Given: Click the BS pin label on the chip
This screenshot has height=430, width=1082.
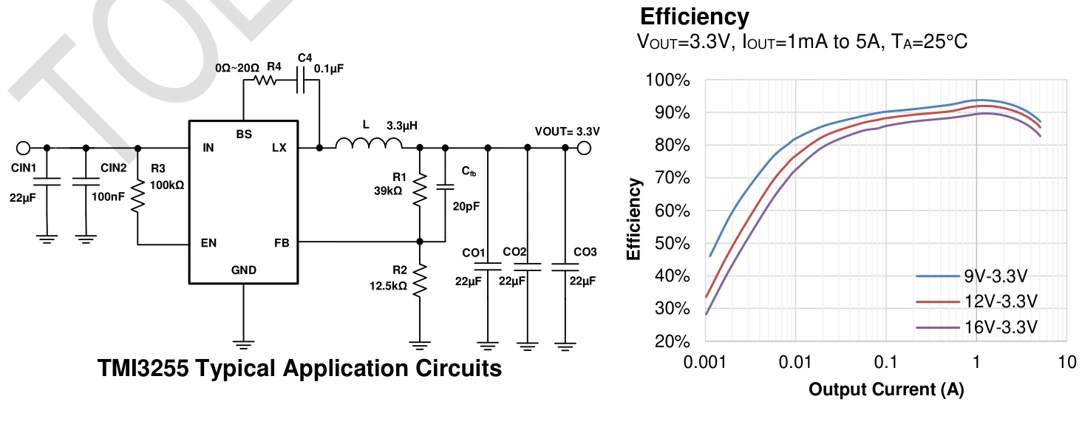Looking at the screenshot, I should click(244, 134).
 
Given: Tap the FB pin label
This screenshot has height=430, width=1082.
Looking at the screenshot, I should click(281, 242).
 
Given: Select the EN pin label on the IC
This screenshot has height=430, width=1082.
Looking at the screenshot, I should click(208, 242).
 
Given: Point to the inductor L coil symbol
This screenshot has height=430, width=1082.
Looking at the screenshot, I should click(364, 144).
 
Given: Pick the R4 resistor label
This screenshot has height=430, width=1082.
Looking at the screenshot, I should click(274, 66).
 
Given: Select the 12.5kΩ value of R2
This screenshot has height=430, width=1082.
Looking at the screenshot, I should click(388, 285).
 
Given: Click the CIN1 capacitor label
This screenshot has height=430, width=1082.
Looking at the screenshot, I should click(24, 168).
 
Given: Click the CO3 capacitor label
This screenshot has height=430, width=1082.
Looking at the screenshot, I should click(585, 253).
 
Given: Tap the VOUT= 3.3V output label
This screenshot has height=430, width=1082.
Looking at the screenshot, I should click(567, 131).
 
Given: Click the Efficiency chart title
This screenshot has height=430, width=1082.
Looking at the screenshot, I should click(694, 16).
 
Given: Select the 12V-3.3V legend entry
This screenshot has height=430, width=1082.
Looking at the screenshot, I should click(1001, 301).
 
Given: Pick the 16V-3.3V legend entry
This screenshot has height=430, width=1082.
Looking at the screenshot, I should click(1001, 327).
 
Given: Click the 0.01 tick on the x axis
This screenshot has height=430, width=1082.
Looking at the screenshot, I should click(795, 363).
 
